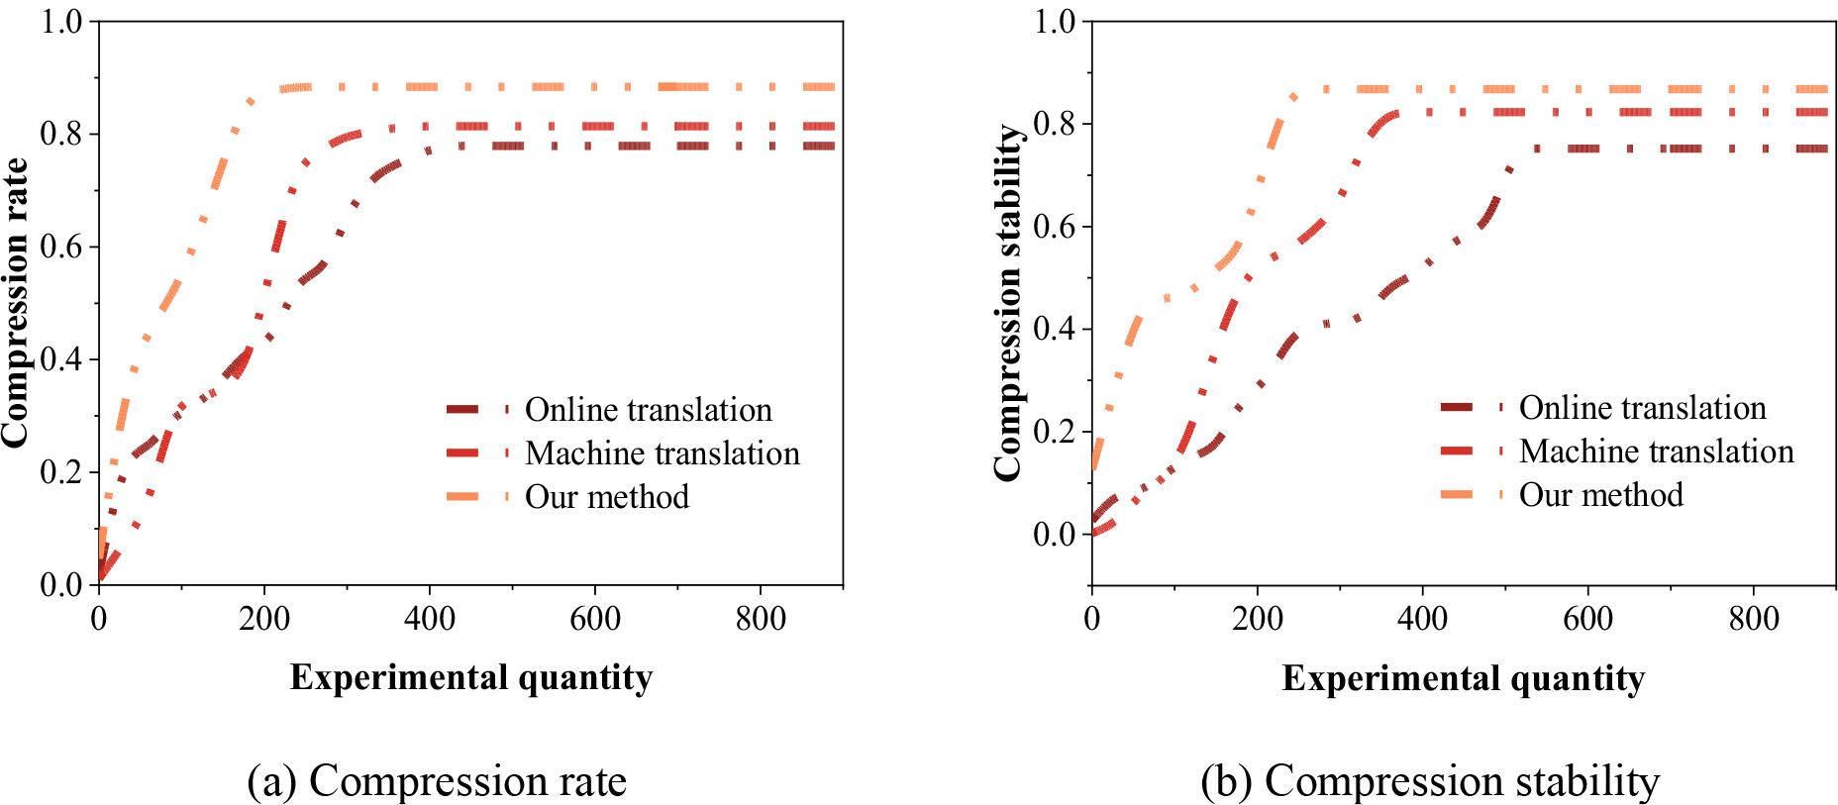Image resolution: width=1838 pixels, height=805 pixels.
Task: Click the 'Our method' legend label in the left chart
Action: pos(606,496)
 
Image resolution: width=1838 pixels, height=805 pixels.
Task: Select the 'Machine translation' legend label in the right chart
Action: pos(1656,452)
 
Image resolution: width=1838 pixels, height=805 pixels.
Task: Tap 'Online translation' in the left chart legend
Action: pos(648,410)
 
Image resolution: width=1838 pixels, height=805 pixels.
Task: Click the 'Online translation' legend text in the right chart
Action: pos(1642,408)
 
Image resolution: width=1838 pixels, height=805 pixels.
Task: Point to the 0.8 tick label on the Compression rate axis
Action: pos(61,134)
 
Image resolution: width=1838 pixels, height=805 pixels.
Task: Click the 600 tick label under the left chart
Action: pos(595,620)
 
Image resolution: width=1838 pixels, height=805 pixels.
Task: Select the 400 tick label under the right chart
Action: pos(1423,620)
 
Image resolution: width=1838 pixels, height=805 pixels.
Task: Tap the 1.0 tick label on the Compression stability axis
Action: pos(1055,22)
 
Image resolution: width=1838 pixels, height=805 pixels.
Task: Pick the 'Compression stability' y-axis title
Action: pos(1008,304)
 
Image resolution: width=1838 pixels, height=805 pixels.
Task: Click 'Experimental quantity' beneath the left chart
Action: pos(471,678)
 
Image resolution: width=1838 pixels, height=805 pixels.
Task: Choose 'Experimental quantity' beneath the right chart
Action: pos(1464,678)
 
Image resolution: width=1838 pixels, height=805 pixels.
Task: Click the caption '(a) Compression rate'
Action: pos(437,781)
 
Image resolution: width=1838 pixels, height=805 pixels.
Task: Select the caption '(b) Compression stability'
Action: pos(1430,781)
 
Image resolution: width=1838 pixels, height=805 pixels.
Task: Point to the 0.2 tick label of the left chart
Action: pos(61,472)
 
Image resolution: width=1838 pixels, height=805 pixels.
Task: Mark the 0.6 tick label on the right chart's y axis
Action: pos(1055,227)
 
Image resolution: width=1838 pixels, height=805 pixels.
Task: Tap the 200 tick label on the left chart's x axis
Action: pos(264,620)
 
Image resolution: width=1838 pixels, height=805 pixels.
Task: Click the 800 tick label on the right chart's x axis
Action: pos(1754,620)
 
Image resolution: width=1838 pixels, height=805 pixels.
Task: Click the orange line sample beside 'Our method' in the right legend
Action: pos(1472,494)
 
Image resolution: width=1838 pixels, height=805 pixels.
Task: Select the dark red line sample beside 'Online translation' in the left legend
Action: pos(477,409)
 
